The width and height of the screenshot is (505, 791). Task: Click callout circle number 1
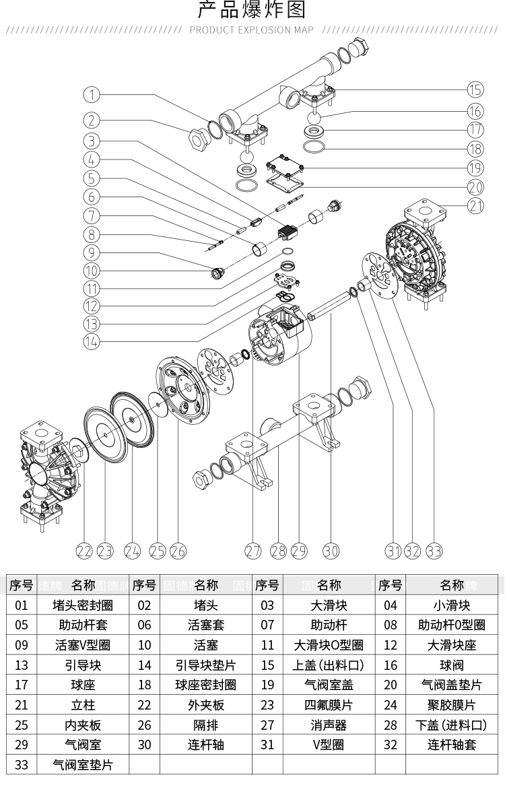(92, 94)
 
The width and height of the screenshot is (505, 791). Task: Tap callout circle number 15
(475, 90)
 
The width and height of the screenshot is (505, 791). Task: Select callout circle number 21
(475, 206)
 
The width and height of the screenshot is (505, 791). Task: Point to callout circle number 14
(92, 341)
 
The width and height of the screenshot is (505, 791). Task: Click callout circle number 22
(83, 551)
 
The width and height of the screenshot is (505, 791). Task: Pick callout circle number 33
(434, 551)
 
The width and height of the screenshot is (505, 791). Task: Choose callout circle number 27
(252, 551)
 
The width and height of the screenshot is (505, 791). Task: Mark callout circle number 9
(92, 252)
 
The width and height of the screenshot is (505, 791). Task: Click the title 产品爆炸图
(252, 11)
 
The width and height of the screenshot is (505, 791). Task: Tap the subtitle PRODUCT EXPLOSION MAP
(252, 30)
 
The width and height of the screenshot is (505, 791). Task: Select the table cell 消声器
(329, 725)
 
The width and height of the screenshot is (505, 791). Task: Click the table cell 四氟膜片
(329, 705)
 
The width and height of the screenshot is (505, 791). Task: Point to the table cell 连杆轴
(205, 745)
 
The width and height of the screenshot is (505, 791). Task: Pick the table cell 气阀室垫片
(83, 765)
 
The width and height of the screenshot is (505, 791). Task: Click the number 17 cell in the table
(22, 685)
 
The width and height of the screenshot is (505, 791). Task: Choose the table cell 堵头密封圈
(83, 605)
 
